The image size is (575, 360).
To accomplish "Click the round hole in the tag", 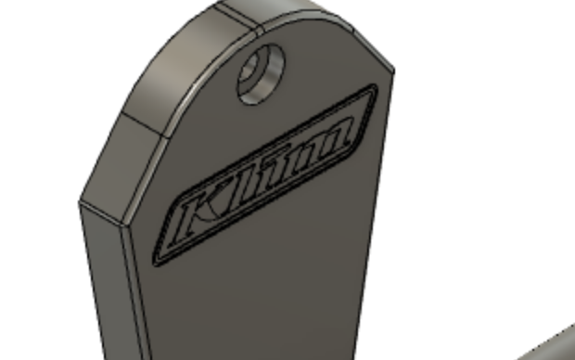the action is [262, 74].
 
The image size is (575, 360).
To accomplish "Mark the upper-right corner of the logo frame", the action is [376, 85].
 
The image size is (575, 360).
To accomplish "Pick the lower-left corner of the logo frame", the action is [156, 264].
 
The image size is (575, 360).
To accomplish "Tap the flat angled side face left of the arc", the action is [121, 161].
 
